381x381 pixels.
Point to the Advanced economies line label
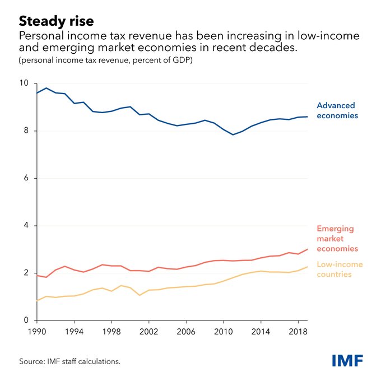336,110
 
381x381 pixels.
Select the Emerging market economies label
337,238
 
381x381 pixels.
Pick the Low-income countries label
340,269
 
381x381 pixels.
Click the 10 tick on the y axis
23,83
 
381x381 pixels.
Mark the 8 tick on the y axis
25,131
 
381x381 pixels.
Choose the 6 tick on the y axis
25,178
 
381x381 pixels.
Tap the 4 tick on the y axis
25,226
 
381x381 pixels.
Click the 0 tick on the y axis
25,320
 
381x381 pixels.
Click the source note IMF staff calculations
70,361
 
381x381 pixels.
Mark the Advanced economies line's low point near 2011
233,134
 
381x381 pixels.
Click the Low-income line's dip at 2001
140,295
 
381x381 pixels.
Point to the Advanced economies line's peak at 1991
46,88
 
